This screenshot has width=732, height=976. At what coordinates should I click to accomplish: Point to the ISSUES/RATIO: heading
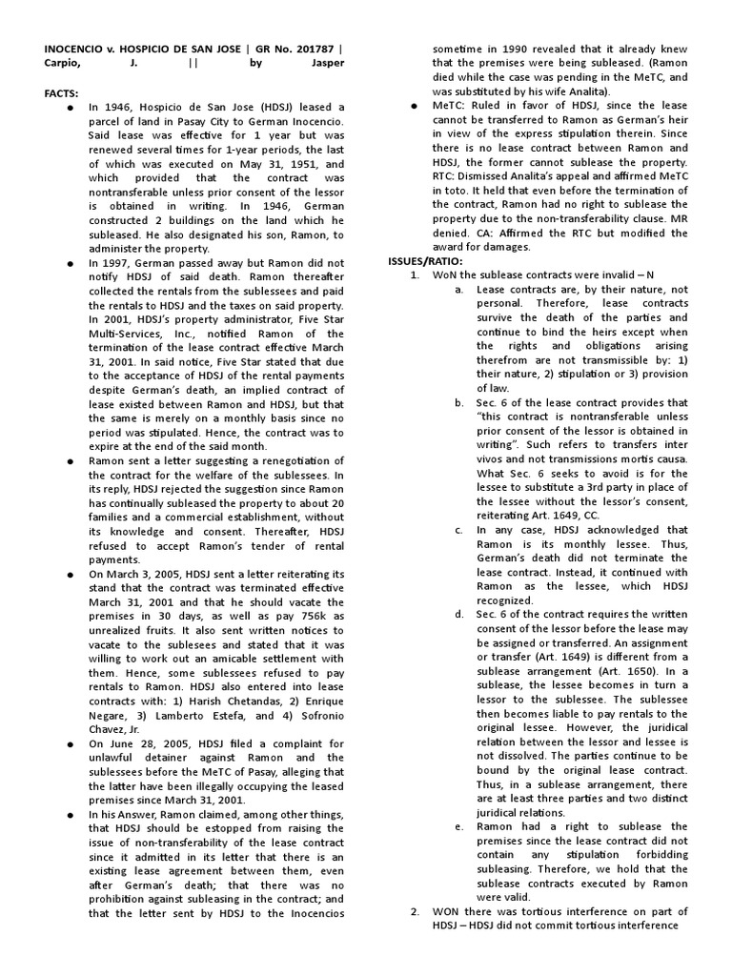pos(425,260)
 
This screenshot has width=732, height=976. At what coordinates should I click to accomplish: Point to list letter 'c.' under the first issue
pos(460,529)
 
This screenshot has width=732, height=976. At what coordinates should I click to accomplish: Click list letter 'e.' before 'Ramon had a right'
pos(460,826)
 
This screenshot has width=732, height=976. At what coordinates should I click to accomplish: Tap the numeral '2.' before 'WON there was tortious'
pos(416,912)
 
